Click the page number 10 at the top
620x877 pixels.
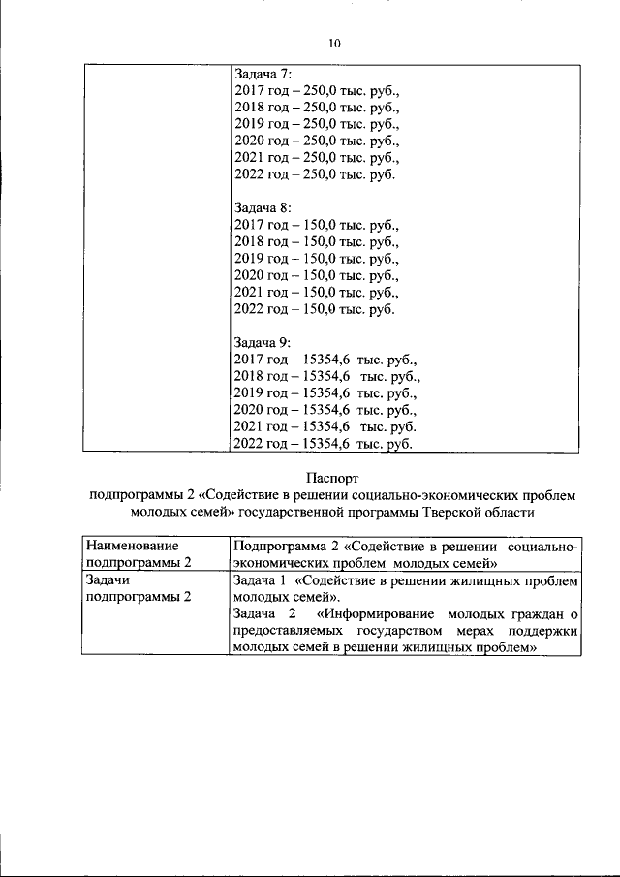pos(334,44)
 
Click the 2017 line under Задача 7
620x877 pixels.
pos(317,90)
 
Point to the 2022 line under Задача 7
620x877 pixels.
pos(315,175)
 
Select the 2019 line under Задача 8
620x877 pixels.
pos(317,258)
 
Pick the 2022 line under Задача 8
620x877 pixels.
pos(315,309)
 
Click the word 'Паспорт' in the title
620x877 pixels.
pos(333,477)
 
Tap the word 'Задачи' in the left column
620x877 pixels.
pos(108,579)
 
